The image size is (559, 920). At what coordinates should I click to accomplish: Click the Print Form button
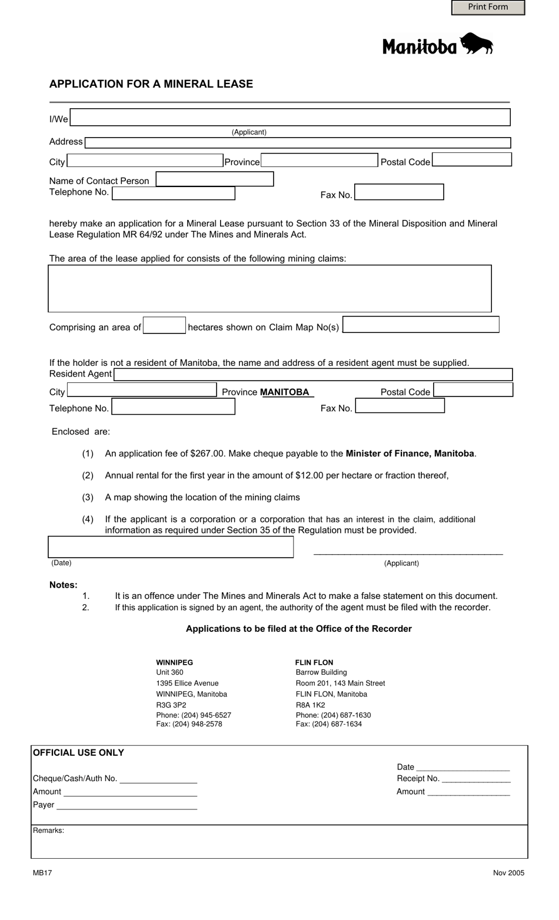click(488, 7)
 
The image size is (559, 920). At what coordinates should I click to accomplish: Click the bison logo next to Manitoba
click(476, 44)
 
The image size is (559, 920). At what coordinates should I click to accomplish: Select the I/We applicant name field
click(290, 117)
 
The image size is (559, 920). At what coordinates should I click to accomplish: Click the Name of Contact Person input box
click(215, 179)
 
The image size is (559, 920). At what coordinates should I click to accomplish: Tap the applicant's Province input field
click(319, 161)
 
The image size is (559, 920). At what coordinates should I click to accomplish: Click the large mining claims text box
click(269, 288)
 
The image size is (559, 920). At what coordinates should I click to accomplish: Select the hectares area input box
click(164, 326)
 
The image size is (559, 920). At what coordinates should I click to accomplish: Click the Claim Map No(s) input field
click(421, 325)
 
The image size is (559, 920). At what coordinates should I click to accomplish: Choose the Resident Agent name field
click(313, 375)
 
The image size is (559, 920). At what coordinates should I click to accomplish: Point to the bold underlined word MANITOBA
click(285, 392)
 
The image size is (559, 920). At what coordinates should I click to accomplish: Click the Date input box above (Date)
click(171, 547)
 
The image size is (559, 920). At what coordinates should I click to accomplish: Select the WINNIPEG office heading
click(174, 662)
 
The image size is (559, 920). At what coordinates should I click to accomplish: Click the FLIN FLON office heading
click(314, 662)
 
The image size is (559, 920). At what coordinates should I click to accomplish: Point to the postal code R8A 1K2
click(310, 705)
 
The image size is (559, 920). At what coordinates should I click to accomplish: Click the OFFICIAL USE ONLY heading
click(78, 753)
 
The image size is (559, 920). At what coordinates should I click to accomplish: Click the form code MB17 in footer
click(42, 873)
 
